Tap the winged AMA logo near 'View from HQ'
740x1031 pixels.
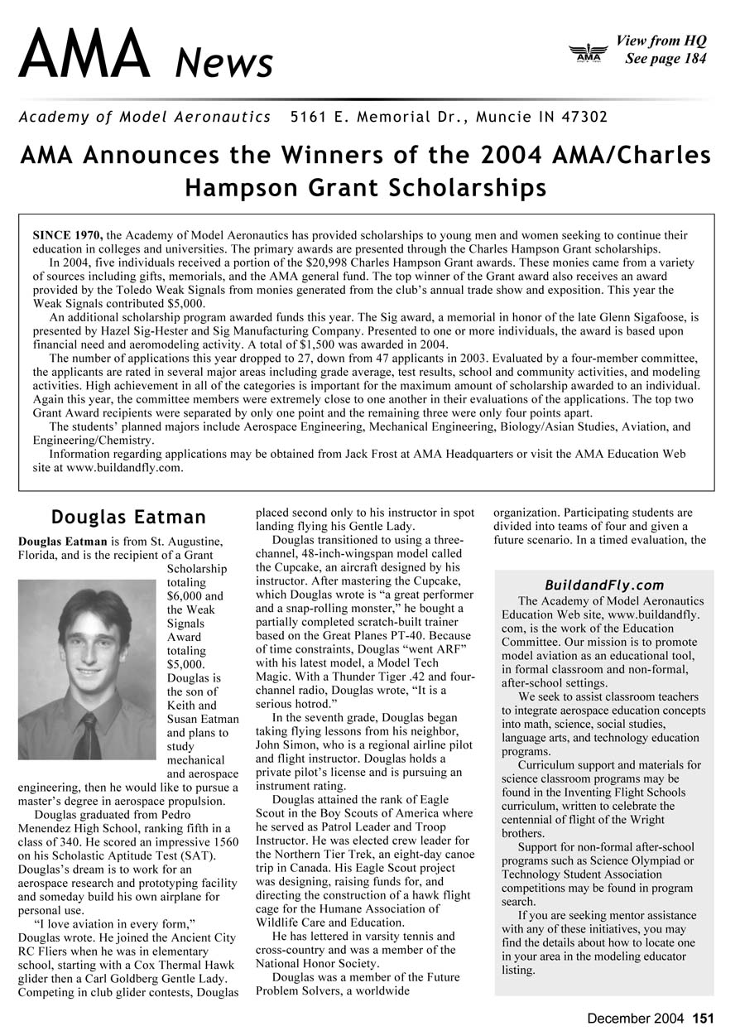[x=589, y=53]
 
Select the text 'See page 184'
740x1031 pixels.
[x=666, y=59]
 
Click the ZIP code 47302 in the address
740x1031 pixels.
[x=584, y=117]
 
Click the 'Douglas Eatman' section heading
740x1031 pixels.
[x=128, y=518]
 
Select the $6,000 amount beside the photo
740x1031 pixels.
[x=182, y=596]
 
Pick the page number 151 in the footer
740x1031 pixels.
[x=703, y=1019]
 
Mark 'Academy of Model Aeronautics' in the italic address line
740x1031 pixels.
[x=145, y=117]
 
